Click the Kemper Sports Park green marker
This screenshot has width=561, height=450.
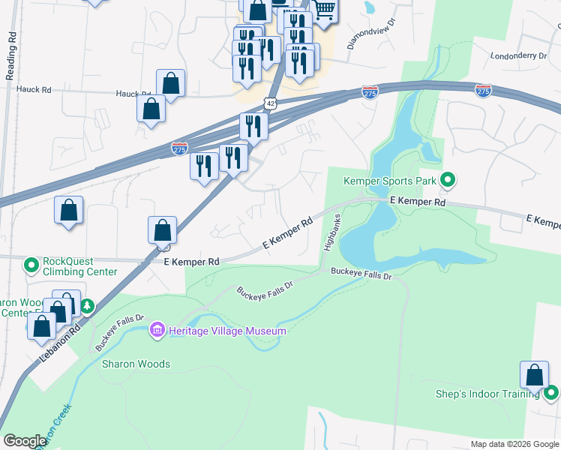[448, 180]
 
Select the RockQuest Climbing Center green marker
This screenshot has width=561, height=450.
[31, 265]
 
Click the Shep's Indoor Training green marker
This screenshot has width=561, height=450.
[551, 392]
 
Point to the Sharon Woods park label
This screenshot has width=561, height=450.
[136, 364]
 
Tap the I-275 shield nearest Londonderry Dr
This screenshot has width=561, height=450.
[483, 91]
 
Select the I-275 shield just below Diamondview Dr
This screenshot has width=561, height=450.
[370, 91]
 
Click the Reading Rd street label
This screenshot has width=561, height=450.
[10, 56]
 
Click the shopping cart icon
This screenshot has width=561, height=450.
[324, 10]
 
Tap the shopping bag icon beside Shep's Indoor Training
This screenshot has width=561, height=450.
[534, 375]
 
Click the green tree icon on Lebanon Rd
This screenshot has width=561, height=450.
[87, 305]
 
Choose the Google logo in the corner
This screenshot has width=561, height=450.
[25, 441]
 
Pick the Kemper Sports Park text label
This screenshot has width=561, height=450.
[388, 181]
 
